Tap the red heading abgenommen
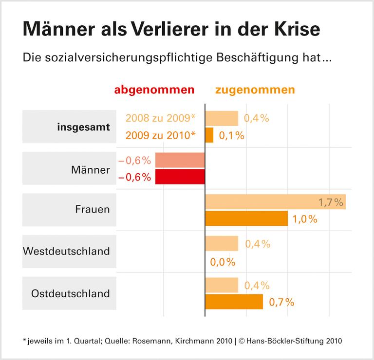tap(154, 90)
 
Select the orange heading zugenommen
tap(255, 90)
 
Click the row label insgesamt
tap(83, 127)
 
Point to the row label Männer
tap(90, 170)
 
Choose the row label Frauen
tap(93, 210)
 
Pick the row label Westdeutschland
tap(67, 252)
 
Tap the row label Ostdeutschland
tap(71, 293)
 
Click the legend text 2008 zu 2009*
tap(160, 118)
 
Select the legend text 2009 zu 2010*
tap(160, 135)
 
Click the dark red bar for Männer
tap(180, 177)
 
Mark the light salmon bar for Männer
tap(180, 160)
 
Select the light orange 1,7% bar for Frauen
tap(275, 202)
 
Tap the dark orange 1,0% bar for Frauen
tap(246, 218)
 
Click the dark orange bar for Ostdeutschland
tap(234, 302)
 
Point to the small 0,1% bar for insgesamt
tap(209, 135)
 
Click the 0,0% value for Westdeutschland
tap(223, 262)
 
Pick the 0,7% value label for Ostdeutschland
tap(281, 302)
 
